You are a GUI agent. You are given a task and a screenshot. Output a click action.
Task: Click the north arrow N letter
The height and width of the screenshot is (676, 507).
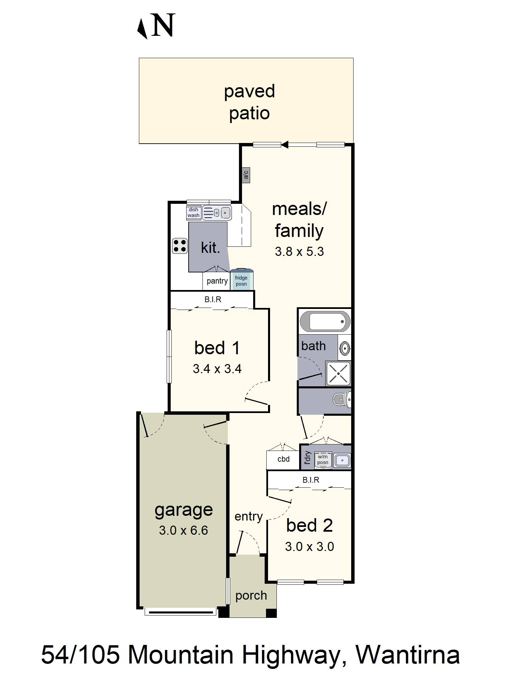pos(163,25)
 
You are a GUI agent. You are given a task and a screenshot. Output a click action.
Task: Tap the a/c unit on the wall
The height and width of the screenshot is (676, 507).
pos(246,175)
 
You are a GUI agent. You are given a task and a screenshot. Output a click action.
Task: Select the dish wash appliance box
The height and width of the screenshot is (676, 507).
pos(194,213)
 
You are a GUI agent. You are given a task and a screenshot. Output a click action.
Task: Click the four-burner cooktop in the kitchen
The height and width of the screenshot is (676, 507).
pos(180,246)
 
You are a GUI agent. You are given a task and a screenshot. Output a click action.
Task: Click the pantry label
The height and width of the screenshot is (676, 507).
pos(217,281)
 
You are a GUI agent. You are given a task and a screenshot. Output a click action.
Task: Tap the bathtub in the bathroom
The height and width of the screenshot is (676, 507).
pos(324,321)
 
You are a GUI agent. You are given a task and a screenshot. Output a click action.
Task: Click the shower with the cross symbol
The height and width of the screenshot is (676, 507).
pos(338,373)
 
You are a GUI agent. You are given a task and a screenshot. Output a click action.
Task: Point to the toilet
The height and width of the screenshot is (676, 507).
pos(342,401)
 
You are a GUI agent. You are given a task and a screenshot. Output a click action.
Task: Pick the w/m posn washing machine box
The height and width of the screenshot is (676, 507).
pos(322,460)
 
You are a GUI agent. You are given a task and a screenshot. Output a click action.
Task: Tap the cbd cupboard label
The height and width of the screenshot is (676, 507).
pos(283,459)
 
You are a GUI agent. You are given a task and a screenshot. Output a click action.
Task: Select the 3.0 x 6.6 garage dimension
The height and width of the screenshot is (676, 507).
pos(184,530)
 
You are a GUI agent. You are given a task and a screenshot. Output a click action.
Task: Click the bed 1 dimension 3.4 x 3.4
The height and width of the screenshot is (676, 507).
pos(217,369)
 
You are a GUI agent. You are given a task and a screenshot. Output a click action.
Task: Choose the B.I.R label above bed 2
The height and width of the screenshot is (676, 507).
pos(311,480)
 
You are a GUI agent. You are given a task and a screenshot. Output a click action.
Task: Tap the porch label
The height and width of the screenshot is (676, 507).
pos(251,596)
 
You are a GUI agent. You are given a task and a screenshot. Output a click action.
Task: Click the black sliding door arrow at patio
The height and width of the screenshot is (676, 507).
pos(285,145)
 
